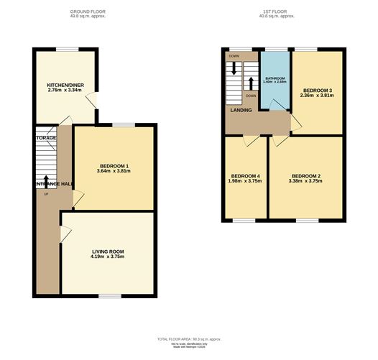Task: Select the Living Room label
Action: point(108,251)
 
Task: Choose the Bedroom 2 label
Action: point(306,176)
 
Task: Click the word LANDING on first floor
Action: point(240,110)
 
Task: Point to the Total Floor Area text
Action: point(189,338)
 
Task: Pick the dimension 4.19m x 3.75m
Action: point(108,257)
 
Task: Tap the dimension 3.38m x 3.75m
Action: point(306,181)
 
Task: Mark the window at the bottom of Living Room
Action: point(109,296)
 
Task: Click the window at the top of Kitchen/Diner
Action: point(67,48)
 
